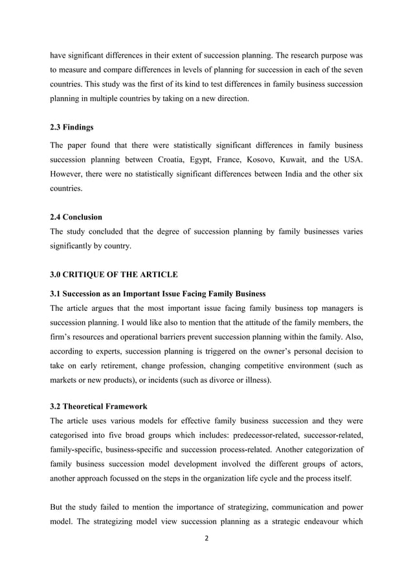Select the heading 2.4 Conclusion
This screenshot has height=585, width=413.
click(x=75, y=216)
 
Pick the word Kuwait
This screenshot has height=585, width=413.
click(x=320, y=160)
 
